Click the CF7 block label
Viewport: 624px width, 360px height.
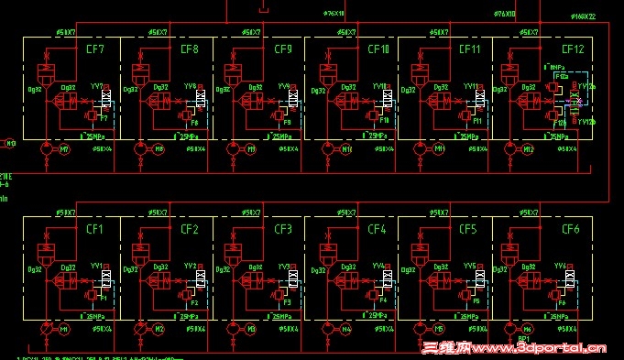(x=94, y=49)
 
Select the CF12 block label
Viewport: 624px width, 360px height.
(x=573, y=49)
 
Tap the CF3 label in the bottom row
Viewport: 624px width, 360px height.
(x=283, y=229)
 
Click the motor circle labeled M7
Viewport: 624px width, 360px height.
(x=64, y=148)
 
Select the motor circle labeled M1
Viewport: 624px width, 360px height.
(x=64, y=328)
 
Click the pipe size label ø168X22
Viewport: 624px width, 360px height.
(x=583, y=16)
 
